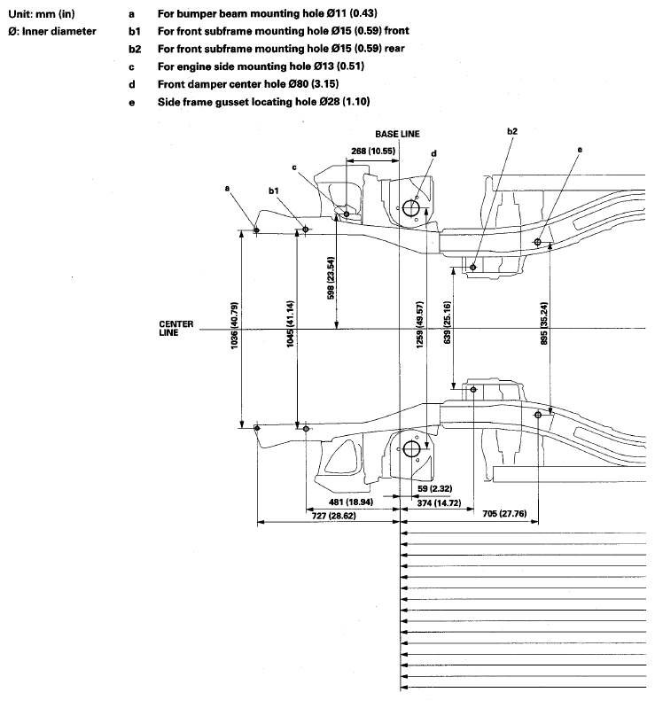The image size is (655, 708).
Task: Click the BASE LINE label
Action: pyautogui.click(x=397, y=134)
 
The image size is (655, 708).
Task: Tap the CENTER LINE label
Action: pyautogui.click(x=175, y=328)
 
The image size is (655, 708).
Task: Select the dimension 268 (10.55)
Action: pyautogui.click(x=373, y=151)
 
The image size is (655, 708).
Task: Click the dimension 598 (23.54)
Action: pyautogui.click(x=331, y=278)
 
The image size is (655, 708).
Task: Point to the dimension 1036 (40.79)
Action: pyautogui.click(x=234, y=326)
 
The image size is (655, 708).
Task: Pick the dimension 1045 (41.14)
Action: pyautogui.click(x=290, y=324)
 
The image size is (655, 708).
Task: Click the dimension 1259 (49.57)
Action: pyautogui.click(x=419, y=324)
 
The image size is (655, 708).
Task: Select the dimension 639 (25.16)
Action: pyautogui.click(x=448, y=323)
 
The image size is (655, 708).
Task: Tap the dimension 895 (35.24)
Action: pyautogui.click(x=544, y=323)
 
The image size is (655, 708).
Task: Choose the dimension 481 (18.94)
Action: pyautogui.click(x=351, y=502)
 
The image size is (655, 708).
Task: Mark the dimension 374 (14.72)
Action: pyautogui.click(x=439, y=502)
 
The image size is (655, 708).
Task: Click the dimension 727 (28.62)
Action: pyautogui.click(x=334, y=515)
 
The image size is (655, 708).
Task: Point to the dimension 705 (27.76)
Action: pyautogui.click(x=504, y=513)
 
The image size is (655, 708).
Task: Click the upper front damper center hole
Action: pyautogui.click(x=410, y=208)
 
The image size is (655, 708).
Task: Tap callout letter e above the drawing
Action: pyautogui.click(x=580, y=150)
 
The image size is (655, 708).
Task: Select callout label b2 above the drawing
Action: pyautogui.click(x=511, y=131)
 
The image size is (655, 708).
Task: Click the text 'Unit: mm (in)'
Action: pyautogui.click(x=42, y=14)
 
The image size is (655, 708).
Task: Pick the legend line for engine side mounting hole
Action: pyautogui.click(x=261, y=66)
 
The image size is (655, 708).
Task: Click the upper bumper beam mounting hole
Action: pyautogui.click(x=256, y=230)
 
